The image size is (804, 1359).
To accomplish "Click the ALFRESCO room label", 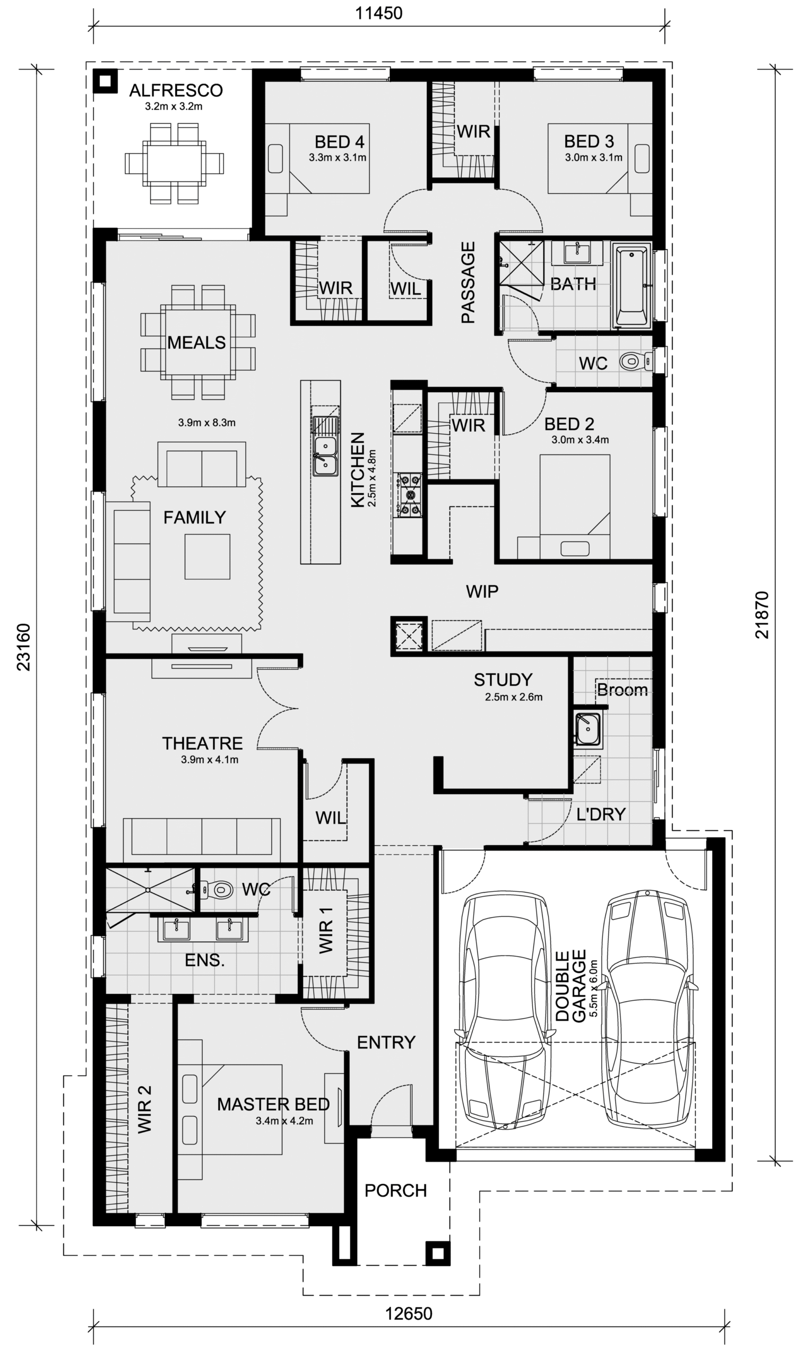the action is [x=176, y=90].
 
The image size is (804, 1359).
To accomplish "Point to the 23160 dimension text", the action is [x=24, y=647].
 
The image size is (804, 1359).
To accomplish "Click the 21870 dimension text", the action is [x=762, y=615].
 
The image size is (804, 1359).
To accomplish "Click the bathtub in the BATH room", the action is [x=631, y=286].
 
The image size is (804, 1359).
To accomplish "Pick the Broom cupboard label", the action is [x=622, y=690].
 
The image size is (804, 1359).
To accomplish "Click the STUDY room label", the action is [x=503, y=679].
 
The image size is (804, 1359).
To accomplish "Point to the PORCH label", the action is [x=395, y=1191].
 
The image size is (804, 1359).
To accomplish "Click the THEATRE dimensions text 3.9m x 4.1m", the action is [x=210, y=760].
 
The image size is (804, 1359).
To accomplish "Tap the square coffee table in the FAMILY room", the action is [x=207, y=556].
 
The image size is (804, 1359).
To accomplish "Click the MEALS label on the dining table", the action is [x=196, y=342].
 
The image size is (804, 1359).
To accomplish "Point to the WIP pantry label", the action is [x=482, y=591].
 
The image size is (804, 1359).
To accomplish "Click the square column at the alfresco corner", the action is [x=105, y=81].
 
